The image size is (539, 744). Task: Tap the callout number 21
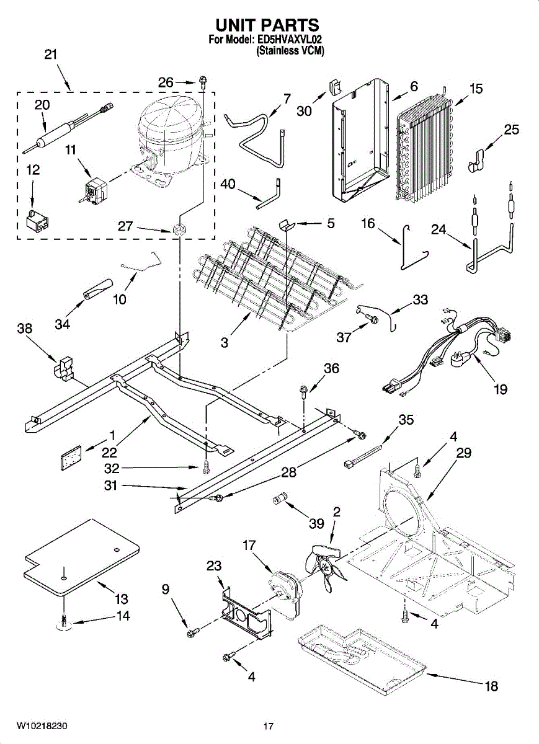(x=51, y=55)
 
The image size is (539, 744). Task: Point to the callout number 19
(x=500, y=389)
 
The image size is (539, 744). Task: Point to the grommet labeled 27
(x=180, y=228)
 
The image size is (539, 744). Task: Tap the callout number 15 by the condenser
(x=475, y=88)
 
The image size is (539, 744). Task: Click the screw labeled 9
(x=192, y=633)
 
